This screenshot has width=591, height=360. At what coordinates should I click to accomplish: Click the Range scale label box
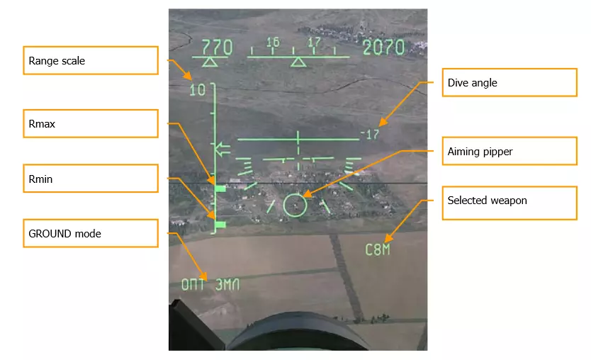coord(91,60)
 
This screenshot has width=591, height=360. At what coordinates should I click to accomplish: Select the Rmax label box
coord(91,123)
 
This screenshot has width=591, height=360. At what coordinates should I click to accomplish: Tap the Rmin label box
coord(91,179)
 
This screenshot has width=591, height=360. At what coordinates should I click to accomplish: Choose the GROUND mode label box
coord(91,233)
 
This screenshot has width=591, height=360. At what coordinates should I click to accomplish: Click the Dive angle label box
coord(510,82)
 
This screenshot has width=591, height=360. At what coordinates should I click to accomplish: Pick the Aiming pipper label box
coord(510,151)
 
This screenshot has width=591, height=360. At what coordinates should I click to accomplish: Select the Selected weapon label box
coord(510,203)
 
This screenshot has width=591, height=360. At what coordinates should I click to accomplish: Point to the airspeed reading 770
coord(217,47)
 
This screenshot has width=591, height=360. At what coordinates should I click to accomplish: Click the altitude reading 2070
coord(383,47)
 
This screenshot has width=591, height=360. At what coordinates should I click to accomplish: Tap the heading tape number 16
coord(274,43)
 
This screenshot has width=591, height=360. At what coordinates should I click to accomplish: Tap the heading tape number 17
coord(314,43)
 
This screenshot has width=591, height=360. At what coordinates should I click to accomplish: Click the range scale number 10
coord(198,90)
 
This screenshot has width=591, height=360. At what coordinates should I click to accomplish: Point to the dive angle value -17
coord(370,134)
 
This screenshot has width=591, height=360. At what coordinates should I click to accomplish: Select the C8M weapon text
coord(377,249)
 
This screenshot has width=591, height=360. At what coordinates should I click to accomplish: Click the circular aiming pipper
coord(295,194)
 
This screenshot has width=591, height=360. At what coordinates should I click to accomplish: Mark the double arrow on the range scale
coord(223,150)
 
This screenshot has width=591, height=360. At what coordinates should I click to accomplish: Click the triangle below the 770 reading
coord(210,62)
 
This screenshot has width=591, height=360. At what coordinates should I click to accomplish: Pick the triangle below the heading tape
coord(298,62)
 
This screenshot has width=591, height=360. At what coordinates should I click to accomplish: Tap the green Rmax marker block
coord(220,188)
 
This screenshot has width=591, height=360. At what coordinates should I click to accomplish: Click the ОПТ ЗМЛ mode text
coord(210,284)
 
